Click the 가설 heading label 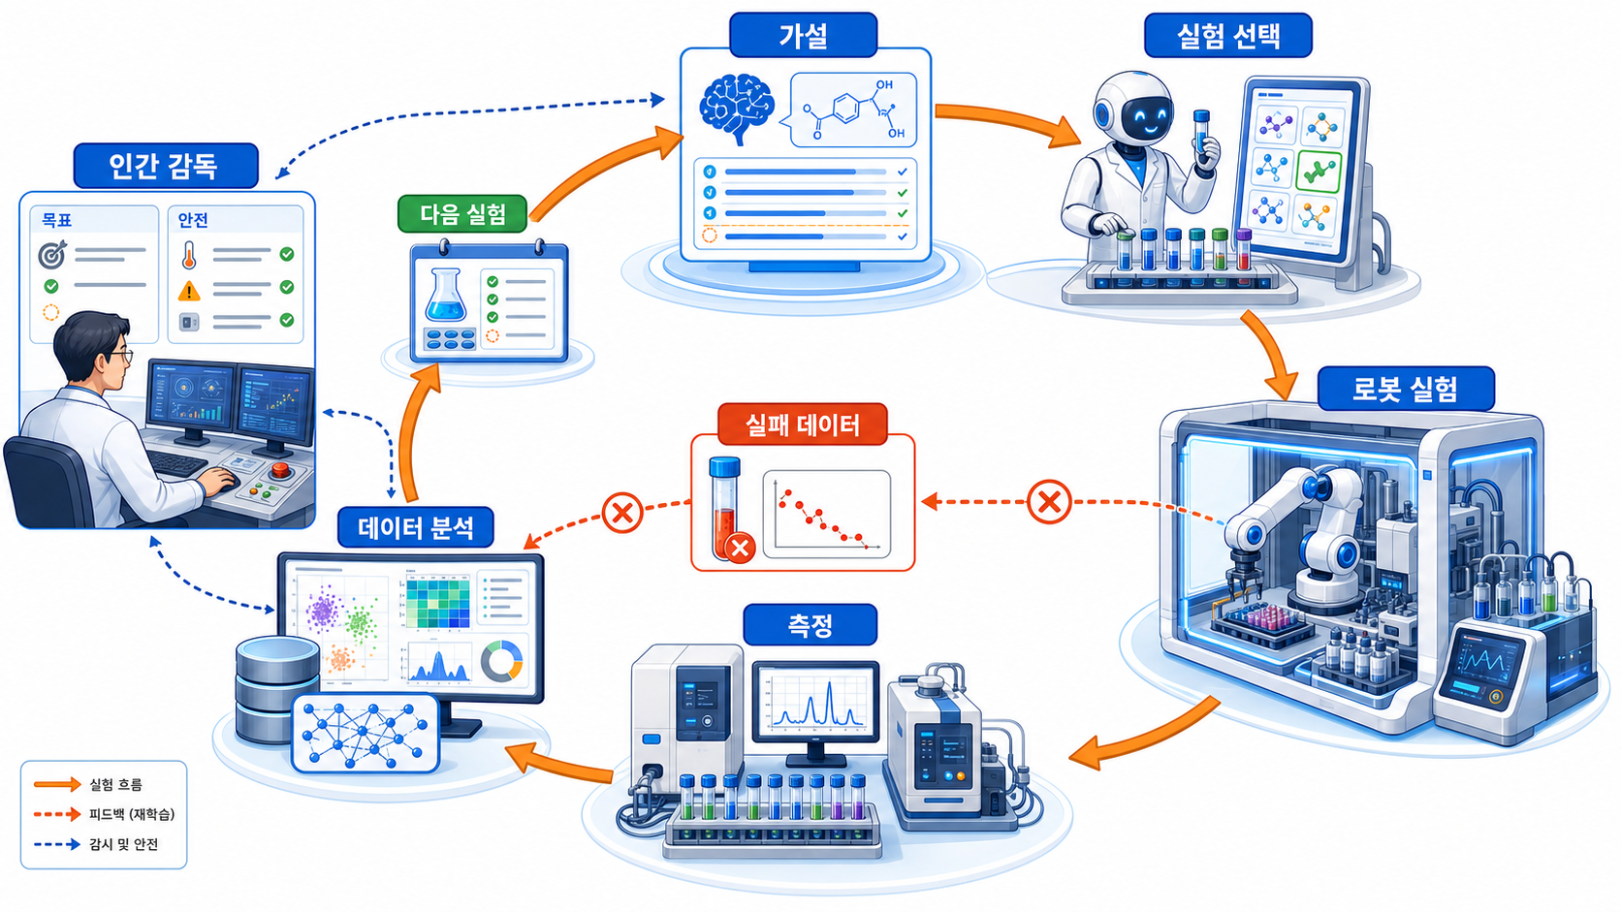[804, 35]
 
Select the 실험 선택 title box [1228, 35]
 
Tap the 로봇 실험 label [1406, 389]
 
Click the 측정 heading [810, 624]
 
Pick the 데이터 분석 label [415, 527]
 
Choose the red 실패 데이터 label [803, 424]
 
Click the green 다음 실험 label [462, 213]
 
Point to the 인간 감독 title [166, 166]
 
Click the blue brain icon [737, 110]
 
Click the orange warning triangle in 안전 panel [190, 291]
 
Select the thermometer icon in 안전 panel [189, 255]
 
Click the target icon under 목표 [52, 254]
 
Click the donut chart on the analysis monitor [501, 660]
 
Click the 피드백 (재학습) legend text [133, 814]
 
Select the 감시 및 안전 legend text [124, 844]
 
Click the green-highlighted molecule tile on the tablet [1319, 173]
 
